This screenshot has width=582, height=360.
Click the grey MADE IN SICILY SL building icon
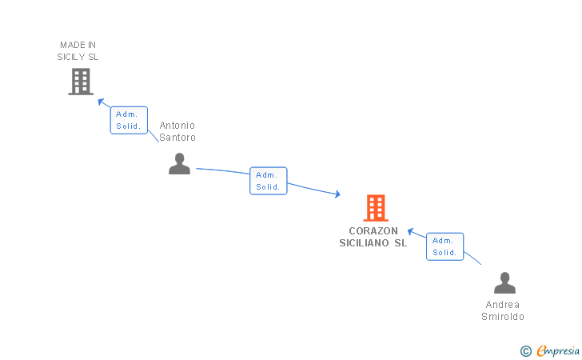[x=81, y=82]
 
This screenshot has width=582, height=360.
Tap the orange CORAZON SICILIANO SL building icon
[x=375, y=208]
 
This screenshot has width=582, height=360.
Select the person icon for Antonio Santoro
[x=179, y=163]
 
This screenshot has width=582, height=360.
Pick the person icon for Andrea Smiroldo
[x=504, y=283]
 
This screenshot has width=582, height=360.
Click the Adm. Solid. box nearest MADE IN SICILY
[x=129, y=119]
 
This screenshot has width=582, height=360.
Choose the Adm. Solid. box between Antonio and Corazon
[x=268, y=181]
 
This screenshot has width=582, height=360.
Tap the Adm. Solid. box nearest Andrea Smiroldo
[x=444, y=246]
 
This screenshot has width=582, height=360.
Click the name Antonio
[x=177, y=126]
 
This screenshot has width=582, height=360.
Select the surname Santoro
[x=177, y=138]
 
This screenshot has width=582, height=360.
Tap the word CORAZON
[x=373, y=231]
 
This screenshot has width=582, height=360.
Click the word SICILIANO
[x=364, y=243]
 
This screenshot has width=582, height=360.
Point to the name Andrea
[x=503, y=305]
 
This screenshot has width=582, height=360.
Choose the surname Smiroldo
[x=503, y=317]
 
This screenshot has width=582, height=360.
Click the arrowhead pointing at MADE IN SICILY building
[x=100, y=101]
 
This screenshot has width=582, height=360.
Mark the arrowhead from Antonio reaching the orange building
[x=337, y=194]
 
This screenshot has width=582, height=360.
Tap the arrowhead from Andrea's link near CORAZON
[x=411, y=232]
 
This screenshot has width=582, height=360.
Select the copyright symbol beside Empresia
[x=526, y=350]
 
